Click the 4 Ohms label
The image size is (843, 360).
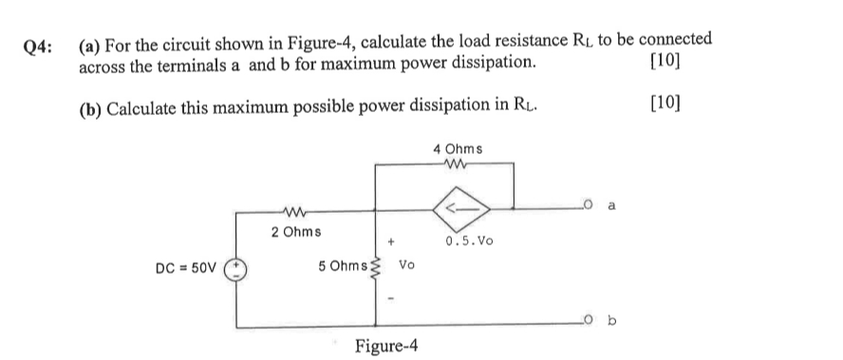(458, 149)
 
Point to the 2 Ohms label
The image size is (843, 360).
(295, 232)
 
